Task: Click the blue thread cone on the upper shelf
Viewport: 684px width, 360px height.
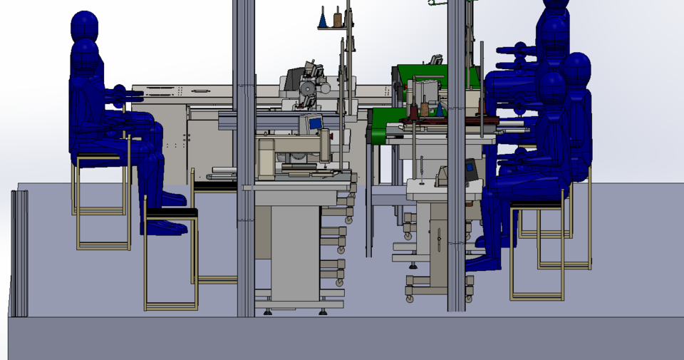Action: [x=323, y=19]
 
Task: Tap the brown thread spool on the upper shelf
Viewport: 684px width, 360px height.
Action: [x=338, y=18]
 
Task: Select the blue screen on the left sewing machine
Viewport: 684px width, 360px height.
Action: [x=314, y=123]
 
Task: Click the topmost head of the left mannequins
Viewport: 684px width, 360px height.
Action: [x=84, y=26]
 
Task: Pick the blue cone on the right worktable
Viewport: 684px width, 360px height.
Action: [x=440, y=110]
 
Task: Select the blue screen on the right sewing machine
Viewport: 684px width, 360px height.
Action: [x=470, y=170]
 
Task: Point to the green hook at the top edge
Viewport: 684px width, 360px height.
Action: [x=433, y=3]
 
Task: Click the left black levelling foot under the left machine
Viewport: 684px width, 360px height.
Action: [x=267, y=311]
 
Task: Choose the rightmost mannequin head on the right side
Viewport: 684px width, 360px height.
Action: [x=575, y=70]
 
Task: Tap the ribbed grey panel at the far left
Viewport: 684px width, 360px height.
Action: [x=19, y=253]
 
